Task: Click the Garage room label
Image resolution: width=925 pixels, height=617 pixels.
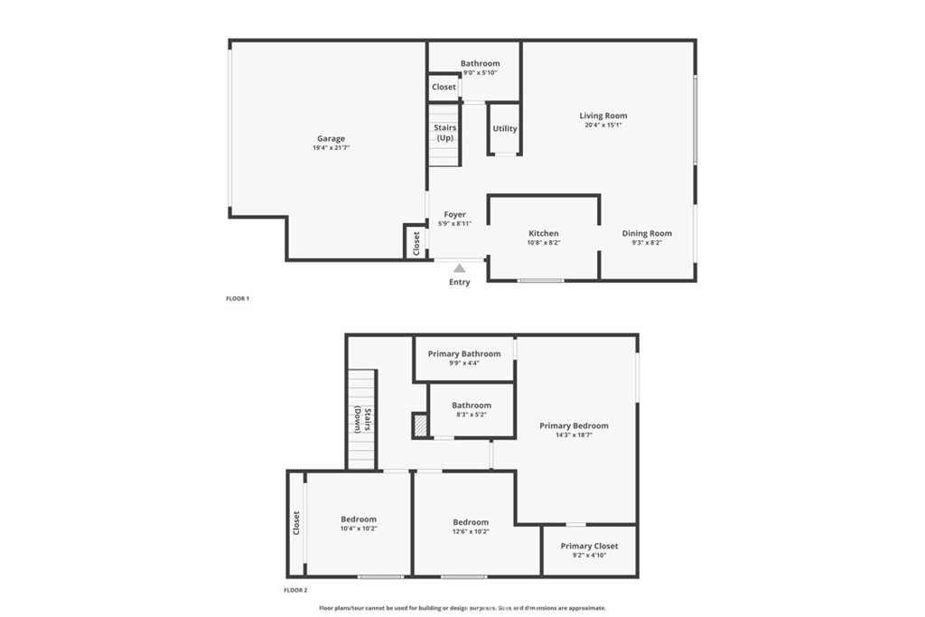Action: click(331, 138)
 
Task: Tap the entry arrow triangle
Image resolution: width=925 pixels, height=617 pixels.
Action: click(460, 267)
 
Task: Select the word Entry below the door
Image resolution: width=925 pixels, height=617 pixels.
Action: click(460, 283)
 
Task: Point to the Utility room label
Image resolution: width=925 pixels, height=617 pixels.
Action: click(505, 128)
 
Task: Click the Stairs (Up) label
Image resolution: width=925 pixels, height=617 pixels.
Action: click(445, 133)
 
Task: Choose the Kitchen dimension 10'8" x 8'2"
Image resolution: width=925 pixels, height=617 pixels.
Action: click(544, 243)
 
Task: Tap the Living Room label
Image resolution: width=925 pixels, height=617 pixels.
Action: click(603, 116)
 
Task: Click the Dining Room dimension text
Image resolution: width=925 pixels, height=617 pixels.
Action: click(647, 243)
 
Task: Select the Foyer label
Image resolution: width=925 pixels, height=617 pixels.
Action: click(454, 214)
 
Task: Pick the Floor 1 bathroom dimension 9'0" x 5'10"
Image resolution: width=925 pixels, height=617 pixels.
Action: click(480, 72)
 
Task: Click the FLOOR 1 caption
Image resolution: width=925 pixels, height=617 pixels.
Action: click(238, 298)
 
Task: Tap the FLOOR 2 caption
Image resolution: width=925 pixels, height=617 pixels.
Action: click(295, 590)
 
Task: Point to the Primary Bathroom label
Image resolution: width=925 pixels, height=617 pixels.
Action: click(464, 353)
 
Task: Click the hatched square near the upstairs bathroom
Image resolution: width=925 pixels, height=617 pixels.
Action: click(419, 425)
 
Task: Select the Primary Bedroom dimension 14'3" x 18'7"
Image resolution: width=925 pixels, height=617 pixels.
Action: click(574, 435)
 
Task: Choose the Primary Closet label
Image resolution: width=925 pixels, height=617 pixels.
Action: click(589, 546)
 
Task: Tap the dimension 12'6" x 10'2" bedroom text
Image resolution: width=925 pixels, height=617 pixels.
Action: click(471, 532)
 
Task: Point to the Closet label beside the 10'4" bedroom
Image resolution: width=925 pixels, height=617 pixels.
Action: click(296, 523)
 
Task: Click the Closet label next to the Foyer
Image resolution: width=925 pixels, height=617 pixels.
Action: click(416, 242)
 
